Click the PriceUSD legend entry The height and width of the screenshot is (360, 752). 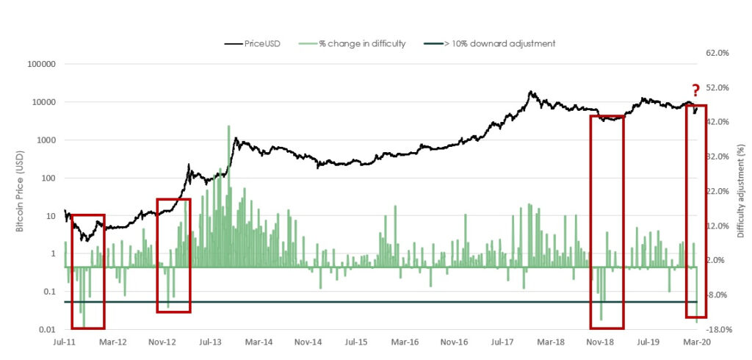(x=260, y=43)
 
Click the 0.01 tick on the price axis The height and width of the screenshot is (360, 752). (x=47, y=330)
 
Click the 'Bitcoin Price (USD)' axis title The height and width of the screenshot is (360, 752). (x=21, y=196)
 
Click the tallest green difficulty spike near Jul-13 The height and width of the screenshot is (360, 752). (x=228, y=126)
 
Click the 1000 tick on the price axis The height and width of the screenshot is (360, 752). (x=45, y=140)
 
